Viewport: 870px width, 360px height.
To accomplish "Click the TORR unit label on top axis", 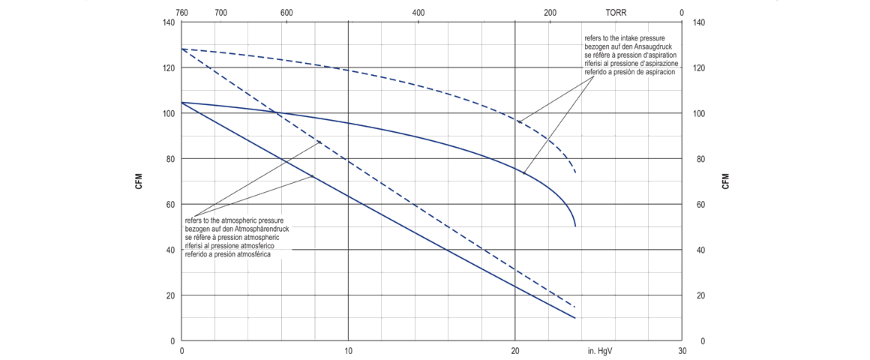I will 616,13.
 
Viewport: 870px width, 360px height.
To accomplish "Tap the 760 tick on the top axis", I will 181,13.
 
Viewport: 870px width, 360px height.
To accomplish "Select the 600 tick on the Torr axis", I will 286,13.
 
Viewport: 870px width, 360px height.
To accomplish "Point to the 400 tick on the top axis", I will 418,13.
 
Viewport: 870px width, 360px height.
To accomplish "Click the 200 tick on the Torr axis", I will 550,13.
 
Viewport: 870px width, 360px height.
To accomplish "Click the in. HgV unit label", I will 602,351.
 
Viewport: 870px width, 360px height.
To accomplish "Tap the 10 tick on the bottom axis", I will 348,351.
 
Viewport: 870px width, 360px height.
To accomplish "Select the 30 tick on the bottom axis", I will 682,351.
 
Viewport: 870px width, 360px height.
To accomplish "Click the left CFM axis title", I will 139,181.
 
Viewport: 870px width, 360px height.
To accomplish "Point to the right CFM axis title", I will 725,181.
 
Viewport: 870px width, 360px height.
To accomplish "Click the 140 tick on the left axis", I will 168,22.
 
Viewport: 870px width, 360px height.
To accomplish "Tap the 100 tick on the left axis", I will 168,113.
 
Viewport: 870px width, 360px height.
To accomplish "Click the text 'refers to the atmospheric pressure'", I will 234,220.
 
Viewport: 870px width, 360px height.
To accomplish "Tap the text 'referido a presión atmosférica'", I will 228,255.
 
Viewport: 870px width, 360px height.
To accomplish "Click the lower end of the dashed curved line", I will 575,173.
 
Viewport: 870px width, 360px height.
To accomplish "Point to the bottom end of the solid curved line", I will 575,226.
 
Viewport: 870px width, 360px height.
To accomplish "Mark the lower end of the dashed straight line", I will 575,307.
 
